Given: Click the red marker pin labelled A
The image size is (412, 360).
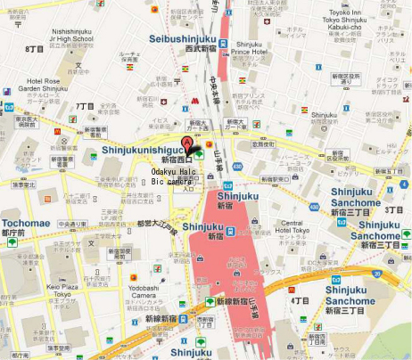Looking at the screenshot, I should [x=187, y=145].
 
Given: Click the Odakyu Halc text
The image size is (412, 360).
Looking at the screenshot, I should [x=175, y=170].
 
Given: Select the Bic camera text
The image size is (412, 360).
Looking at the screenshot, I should [x=171, y=181].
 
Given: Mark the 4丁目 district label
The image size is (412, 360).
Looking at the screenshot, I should [x=299, y=301].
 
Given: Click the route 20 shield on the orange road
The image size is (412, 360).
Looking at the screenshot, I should [x=378, y=274].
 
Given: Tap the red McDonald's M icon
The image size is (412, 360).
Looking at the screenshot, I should [x=192, y=102].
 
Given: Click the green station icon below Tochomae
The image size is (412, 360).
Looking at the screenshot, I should [x=12, y=241].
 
